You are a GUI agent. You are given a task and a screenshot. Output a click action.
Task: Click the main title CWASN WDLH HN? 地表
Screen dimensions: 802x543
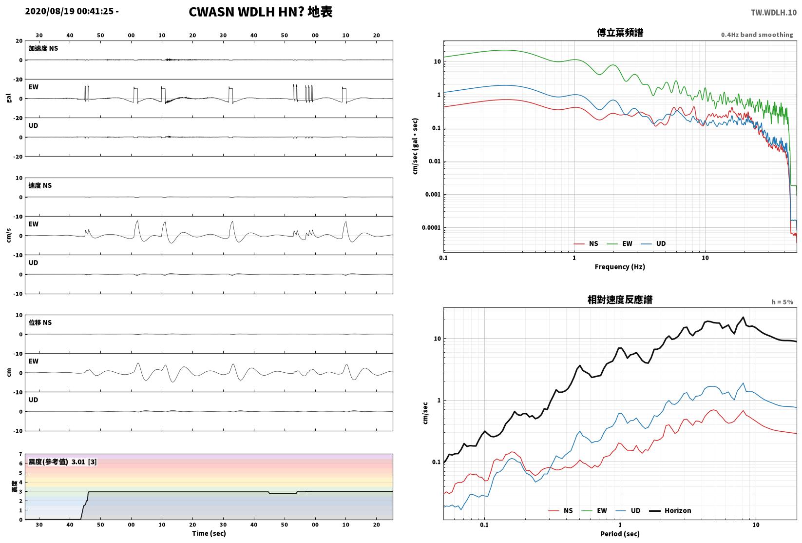click(260, 12)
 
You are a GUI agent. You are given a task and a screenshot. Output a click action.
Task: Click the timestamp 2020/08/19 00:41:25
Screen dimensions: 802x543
click(69, 11)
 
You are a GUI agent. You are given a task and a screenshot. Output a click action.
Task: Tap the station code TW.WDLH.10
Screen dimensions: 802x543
click(774, 13)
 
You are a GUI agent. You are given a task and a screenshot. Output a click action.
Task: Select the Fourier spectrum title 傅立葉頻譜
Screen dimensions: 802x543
click(620, 33)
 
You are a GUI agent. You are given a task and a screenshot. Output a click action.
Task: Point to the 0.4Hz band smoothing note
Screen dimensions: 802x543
click(757, 35)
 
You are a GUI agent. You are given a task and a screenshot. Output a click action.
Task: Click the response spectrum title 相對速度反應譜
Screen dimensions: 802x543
click(620, 300)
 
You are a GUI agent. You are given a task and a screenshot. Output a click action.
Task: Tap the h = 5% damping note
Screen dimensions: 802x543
click(783, 302)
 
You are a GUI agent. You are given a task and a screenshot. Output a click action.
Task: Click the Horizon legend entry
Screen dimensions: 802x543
click(670, 510)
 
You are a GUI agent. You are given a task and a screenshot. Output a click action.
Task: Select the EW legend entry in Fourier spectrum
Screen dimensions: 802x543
click(620, 244)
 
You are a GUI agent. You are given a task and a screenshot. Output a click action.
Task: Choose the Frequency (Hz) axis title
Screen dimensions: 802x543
click(620, 267)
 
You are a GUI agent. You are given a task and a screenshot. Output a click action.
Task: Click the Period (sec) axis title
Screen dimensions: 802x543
click(620, 534)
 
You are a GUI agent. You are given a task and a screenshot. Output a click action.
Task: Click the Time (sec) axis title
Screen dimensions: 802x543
click(209, 533)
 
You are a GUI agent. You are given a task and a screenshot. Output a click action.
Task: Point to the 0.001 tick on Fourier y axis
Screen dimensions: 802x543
click(433, 195)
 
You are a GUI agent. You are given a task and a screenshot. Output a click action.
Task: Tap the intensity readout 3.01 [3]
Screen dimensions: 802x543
click(84, 462)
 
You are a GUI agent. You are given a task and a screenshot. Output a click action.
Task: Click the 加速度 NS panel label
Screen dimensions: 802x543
click(43, 48)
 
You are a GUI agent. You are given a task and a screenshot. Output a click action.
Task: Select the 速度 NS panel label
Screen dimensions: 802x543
click(40, 186)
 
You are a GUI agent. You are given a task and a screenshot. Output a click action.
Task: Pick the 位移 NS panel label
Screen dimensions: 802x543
click(40, 322)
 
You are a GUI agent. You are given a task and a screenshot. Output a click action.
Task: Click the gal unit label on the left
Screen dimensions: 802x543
click(9, 98)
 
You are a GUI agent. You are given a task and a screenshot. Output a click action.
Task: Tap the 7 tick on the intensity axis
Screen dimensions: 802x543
click(21, 455)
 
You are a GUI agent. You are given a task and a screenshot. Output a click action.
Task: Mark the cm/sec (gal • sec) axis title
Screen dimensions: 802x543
click(415, 146)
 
